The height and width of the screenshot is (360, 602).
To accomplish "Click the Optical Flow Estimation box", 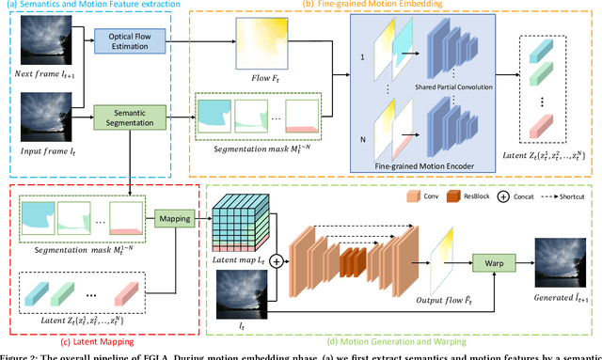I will tap(128, 41).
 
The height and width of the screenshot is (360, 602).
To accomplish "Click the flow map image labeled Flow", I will tap(262, 41).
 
